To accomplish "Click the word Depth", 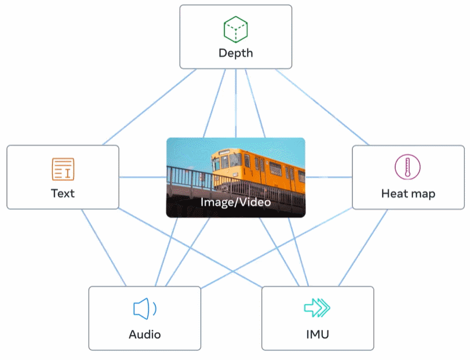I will [235, 53].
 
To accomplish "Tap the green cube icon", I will [236, 30].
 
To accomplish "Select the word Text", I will [63, 193].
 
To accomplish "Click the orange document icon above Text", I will [63, 169].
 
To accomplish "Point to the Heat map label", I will [408, 193].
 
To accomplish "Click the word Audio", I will [144, 334].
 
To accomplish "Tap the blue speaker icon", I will [144, 308].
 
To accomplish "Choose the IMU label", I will [318, 334].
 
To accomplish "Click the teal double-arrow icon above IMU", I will [318, 308].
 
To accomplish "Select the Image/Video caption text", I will [236, 202].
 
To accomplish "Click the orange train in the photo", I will [261, 168].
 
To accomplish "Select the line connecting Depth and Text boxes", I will [150, 107].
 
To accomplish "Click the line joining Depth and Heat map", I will [322, 107].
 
